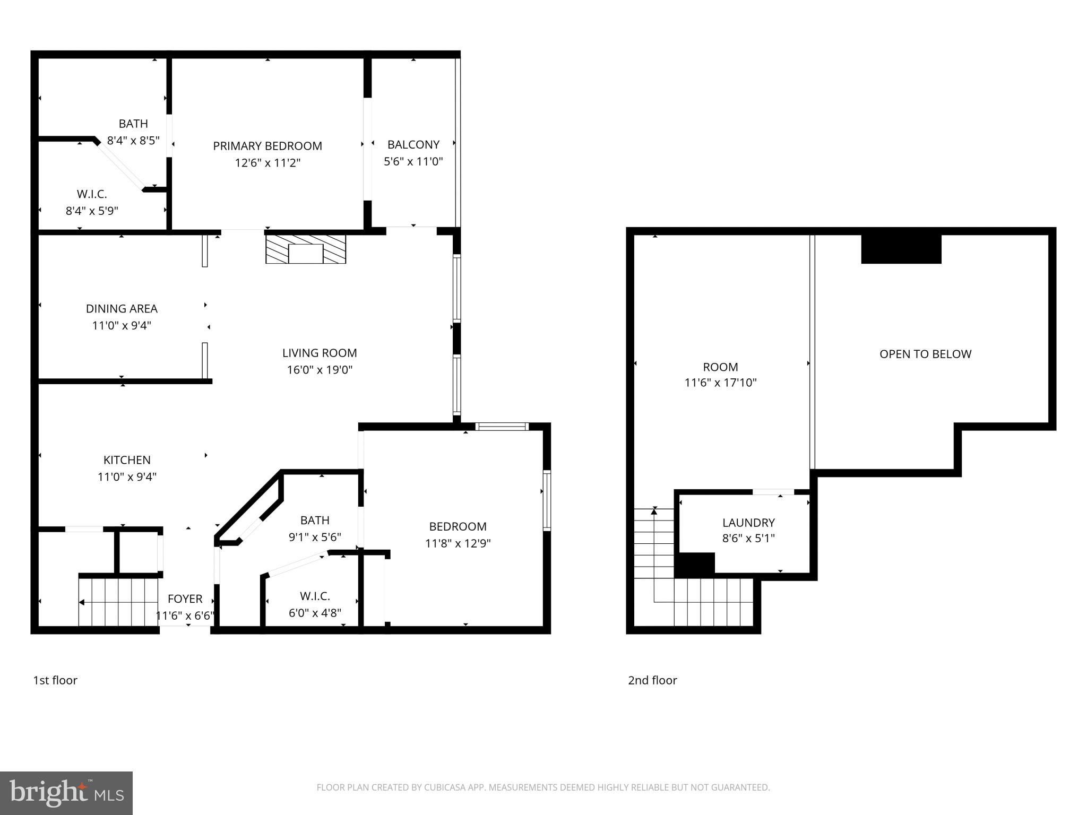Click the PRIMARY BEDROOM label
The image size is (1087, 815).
[x=268, y=146]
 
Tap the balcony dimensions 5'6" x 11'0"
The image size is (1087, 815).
[x=413, y=161]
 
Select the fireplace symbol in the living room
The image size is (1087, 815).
[x=306, y=249]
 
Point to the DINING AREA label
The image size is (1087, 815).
[x=122, y=308]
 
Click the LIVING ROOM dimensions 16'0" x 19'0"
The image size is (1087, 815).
[x=320, y=370]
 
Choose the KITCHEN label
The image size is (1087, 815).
[x=127, y=460]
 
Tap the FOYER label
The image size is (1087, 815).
[x=185, y=599]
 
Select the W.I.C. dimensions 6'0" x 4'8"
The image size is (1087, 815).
[x=315, y=613]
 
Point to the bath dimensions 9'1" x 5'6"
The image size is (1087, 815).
[x=315, y=537]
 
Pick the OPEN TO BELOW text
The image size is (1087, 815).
[x=925, y=354]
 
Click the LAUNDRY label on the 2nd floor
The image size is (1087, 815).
[x=748, y=523]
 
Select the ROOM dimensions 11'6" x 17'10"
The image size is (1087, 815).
[x=720, y=383]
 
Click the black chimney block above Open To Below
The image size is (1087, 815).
[x=901, y=249]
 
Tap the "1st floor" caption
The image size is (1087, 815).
[x=55, y=680]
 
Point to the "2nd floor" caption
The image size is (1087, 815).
[x=652, y=680]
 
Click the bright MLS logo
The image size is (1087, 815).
[x=66, y=793]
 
